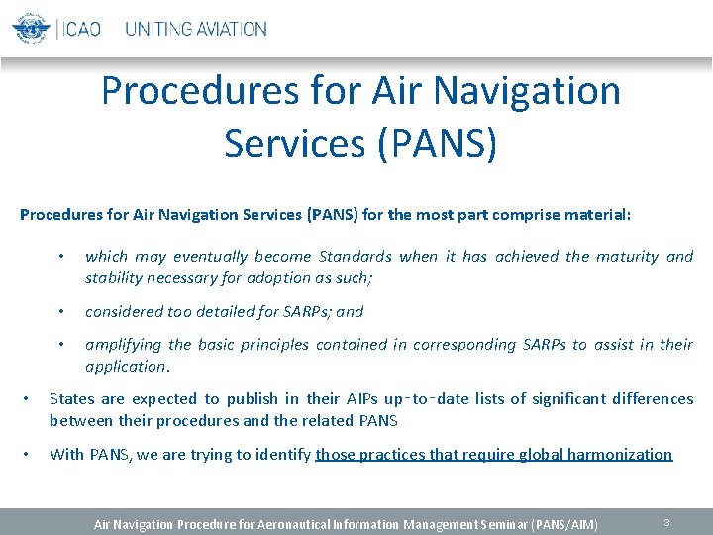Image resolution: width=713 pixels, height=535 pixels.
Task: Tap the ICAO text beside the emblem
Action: coord(82,29)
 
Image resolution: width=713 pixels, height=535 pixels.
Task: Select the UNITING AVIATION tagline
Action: coord(195,29)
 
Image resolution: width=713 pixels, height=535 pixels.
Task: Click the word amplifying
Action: coord(124,344)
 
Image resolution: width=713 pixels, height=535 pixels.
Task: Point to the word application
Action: coord(126,366)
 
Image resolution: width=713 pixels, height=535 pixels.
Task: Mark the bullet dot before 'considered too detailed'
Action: coord(61,311)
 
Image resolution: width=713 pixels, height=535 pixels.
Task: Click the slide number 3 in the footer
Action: coord(667,521)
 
